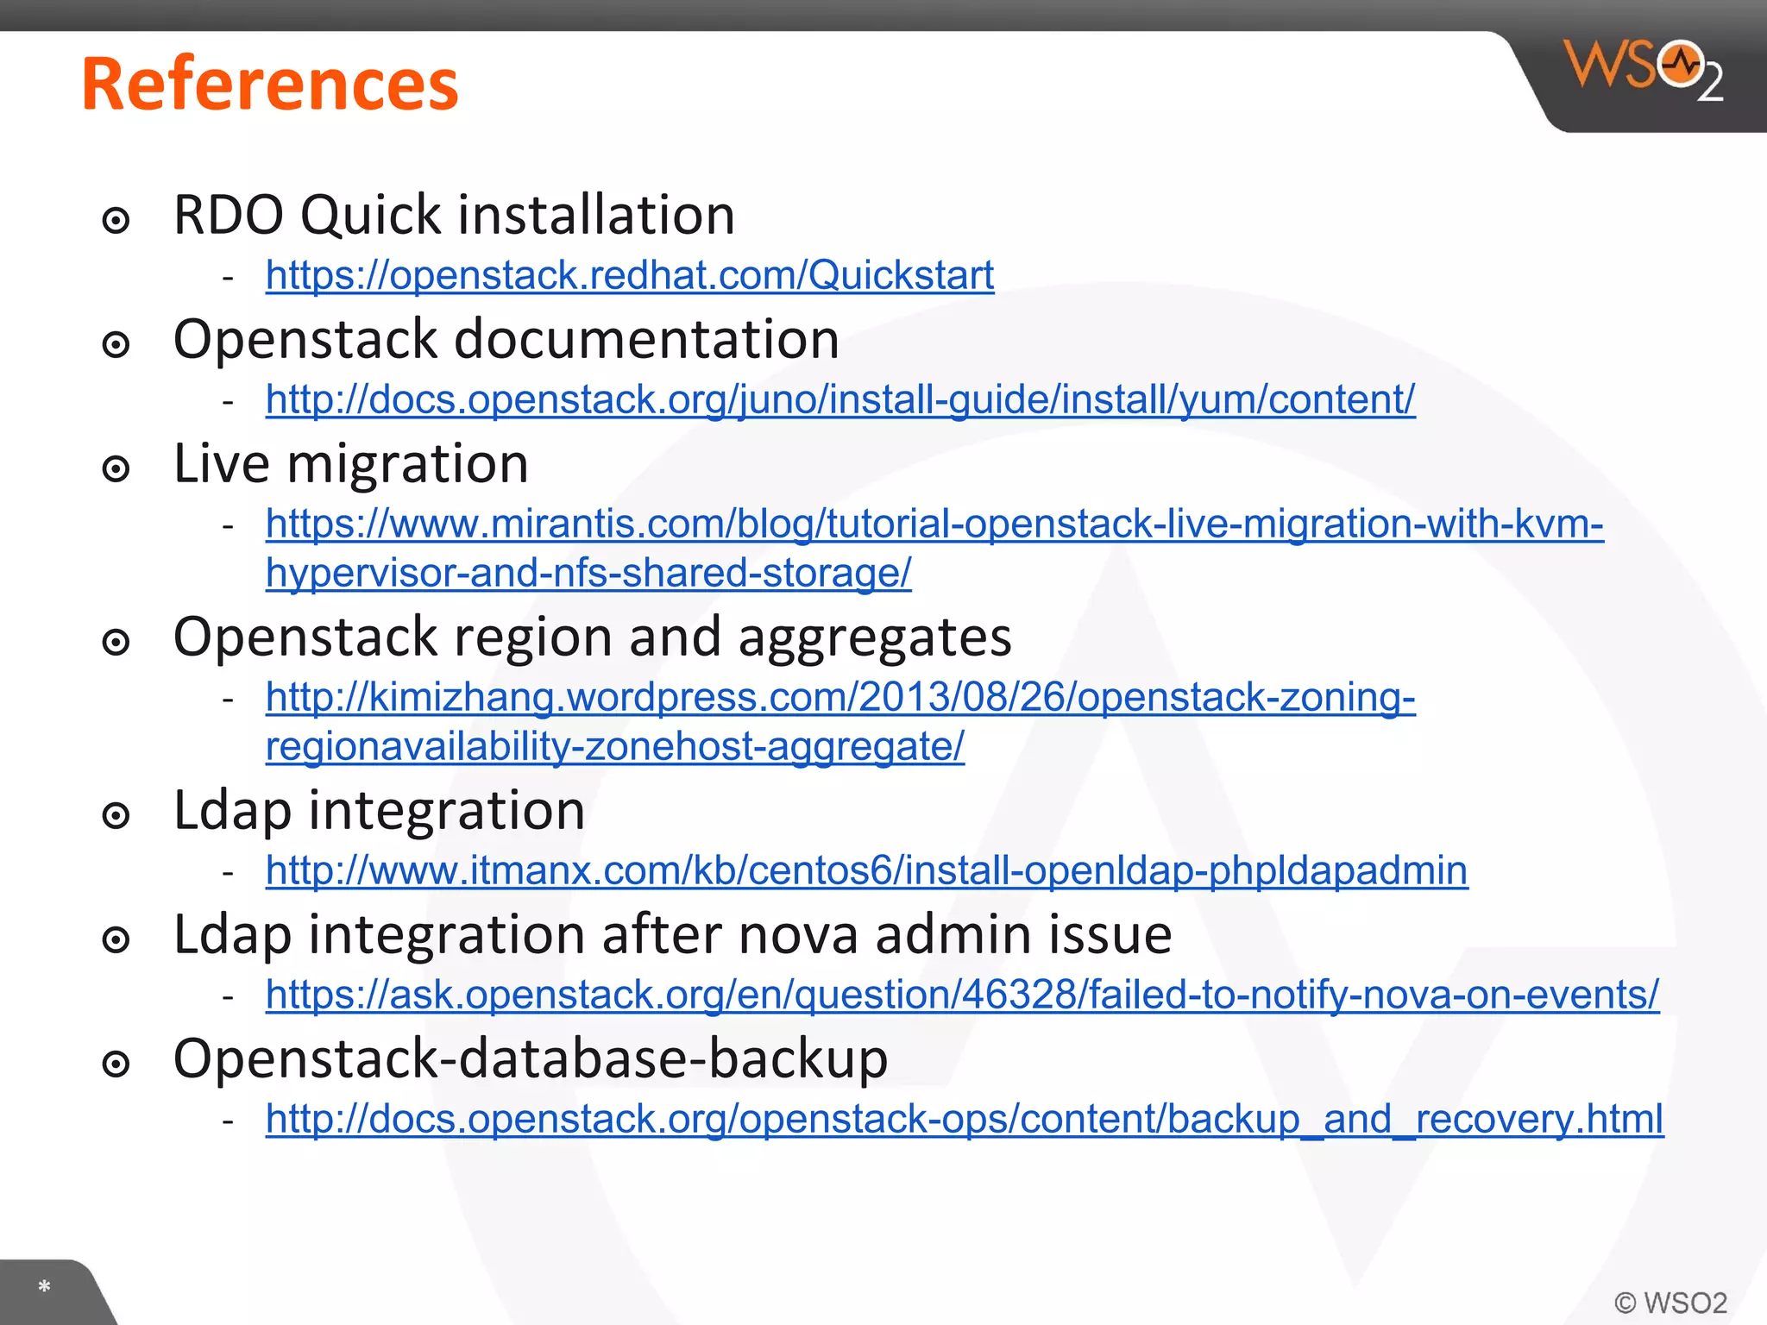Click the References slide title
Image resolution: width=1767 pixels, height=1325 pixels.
(x=269, y=85)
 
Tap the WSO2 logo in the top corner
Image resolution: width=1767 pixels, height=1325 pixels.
(x=1642, y=69)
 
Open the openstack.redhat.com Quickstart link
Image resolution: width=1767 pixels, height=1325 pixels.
(x=630, y=276)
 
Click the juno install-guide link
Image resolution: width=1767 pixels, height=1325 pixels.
(x=840, y=400)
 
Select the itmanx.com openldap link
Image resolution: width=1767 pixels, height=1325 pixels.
(x=866, y=870)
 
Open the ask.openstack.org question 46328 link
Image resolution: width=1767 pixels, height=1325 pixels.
(x=962, y=995)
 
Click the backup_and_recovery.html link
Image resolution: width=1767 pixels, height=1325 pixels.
(x=964, y=1119)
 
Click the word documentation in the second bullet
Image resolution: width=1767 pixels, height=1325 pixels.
(x=646, y=340)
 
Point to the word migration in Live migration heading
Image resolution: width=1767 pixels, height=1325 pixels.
(x=407, y=465)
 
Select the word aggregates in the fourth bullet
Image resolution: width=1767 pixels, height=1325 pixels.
(x=874, y=637)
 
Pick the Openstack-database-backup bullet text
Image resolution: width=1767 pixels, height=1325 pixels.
(x=530, y=1059)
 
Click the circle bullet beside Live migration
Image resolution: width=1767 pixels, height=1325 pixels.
(x=116, y=470)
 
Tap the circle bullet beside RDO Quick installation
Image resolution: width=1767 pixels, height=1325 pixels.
(x=116, y=221)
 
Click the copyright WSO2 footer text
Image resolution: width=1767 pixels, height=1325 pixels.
(x=1670, y=1303)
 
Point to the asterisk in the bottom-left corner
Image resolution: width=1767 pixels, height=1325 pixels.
(x=44, y=1287)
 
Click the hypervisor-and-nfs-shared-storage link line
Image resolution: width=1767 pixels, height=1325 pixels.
(x=588, y=574)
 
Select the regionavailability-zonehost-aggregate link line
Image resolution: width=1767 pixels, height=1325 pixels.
(x=614, y=747)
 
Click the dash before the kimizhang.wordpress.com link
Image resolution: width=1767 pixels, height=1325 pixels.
(x=228, y=699)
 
